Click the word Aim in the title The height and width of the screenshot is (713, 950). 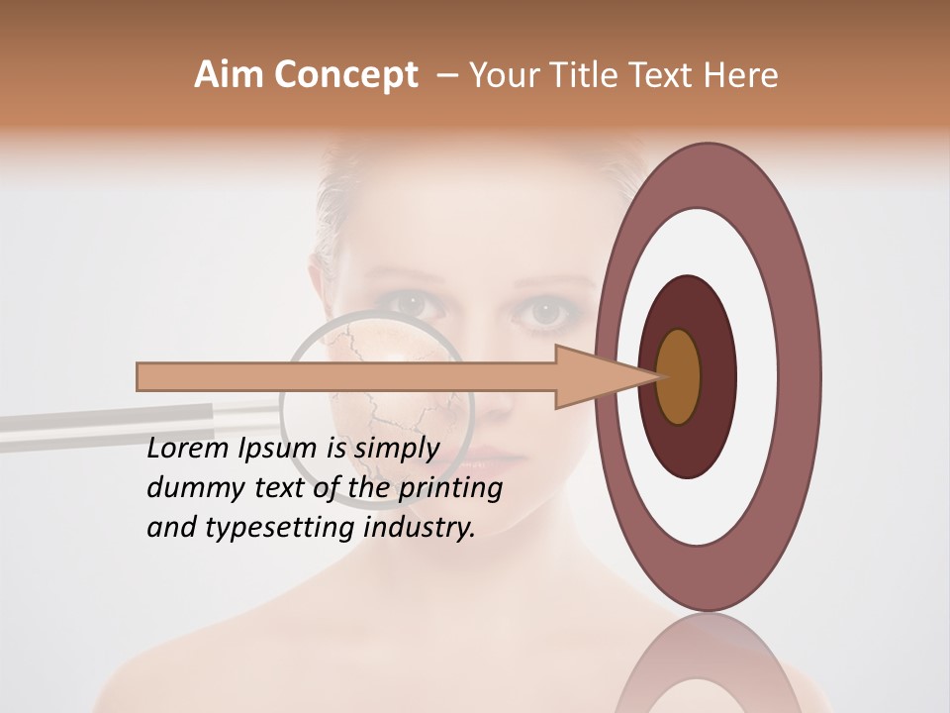click(230, 74)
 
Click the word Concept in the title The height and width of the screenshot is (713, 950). click(346, 74)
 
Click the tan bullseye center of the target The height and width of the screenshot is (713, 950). click(679, 376)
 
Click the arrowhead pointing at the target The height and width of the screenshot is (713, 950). click(594, 376)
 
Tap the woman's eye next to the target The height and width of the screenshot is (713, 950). click(547, 312)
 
